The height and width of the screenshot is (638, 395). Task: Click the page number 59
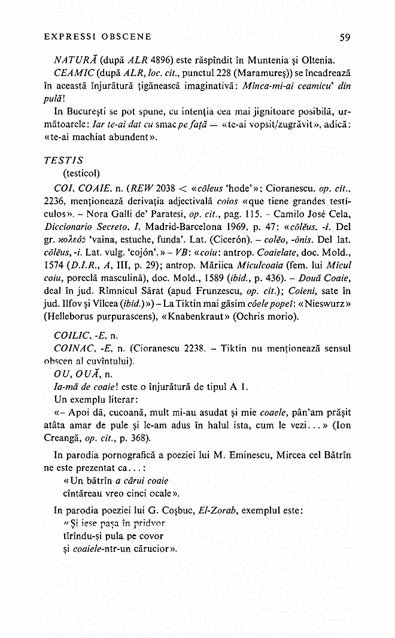pyautogui.click(x=344, y=37)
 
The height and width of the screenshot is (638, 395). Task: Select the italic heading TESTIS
pyautogui.click(x=63, y=161)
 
